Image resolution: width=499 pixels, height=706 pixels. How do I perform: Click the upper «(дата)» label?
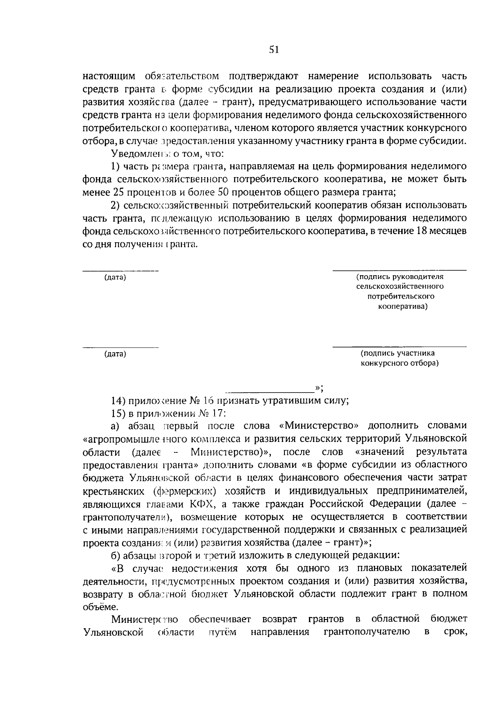pos(115,277)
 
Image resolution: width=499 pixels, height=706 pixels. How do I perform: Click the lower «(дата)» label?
pos(115,354)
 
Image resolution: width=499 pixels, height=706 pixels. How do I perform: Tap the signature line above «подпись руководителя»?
pos(399,271)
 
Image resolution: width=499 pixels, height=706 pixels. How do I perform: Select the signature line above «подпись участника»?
pos(399,347)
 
